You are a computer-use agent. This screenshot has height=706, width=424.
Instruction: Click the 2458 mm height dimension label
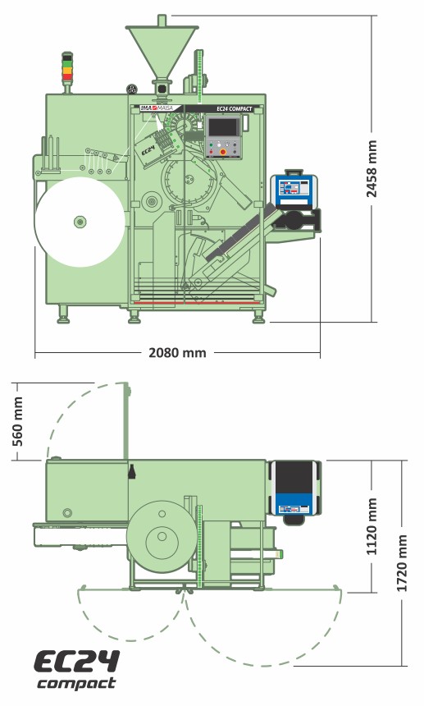372,169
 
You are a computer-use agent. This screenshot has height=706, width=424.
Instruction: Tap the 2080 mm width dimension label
178,352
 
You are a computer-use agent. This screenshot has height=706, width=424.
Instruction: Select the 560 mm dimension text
17,421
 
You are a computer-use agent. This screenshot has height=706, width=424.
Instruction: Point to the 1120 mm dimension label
372,526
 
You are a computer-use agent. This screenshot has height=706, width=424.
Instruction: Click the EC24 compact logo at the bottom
77,670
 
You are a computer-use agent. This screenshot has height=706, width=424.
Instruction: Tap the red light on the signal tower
67,77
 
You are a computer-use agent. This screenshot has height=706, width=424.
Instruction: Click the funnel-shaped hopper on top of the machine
162,50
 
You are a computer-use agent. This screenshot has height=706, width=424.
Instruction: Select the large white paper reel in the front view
80,222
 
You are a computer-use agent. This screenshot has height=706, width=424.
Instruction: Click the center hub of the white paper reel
80,222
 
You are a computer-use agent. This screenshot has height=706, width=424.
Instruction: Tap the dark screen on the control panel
222,127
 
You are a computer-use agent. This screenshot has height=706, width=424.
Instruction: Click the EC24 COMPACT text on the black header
235,109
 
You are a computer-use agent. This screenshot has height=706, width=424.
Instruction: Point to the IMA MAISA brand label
157,108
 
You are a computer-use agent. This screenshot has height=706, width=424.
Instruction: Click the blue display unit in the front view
294,190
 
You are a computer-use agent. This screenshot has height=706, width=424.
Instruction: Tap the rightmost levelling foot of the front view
258,319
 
